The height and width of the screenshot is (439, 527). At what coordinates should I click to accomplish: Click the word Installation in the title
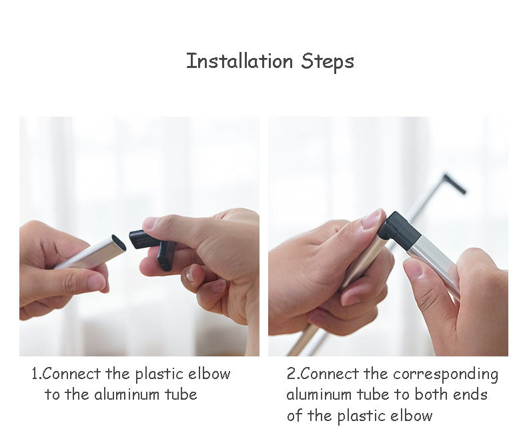click(x=239, y=61)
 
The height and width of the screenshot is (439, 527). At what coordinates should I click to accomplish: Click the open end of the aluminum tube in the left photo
click(x=119, y=242)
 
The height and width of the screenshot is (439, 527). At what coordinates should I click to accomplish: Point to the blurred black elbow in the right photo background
click(x=454, y=183)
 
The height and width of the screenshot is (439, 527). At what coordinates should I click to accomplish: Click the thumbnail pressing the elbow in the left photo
click(x=149, y=224)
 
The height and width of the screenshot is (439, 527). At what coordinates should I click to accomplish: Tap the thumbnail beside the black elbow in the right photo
click(x=374, y=218)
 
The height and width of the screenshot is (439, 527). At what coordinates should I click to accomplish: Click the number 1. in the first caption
click(x=37, y=374)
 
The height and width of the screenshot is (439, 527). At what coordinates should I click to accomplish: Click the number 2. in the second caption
click(x=293, y=374)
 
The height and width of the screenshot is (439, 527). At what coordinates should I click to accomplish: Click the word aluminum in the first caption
click(x=126, y=394)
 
